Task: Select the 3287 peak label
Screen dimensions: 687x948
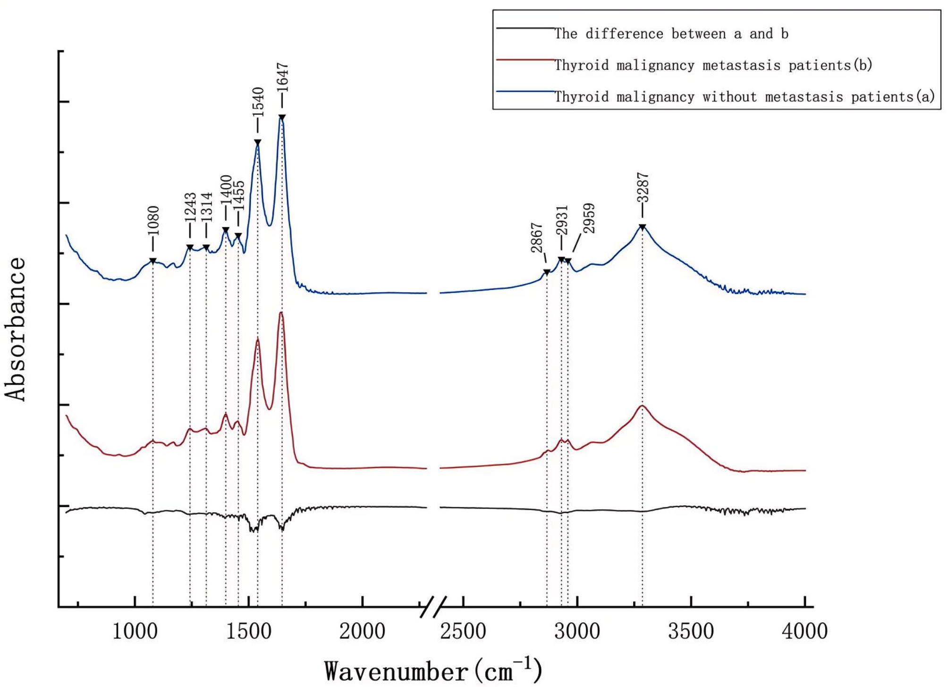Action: click(643, 187)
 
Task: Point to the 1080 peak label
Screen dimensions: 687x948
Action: click(153, 221)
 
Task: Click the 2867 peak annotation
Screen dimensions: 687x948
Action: click(537, 238)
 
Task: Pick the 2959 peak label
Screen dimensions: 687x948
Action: click(589, 219)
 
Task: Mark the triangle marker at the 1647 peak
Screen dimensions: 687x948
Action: click(282, 117)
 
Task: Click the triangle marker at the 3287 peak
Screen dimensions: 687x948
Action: click(642, 228)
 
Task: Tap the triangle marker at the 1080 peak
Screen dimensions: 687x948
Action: click(153, 261)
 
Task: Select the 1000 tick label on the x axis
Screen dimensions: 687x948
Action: click(135, 631)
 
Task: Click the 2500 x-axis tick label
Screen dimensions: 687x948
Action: click(463, 631)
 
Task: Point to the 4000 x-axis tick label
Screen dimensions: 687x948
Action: click(804, 631)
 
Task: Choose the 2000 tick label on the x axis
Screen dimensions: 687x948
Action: click(362, 631)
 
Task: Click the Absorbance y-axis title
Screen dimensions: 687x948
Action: click(16, 329)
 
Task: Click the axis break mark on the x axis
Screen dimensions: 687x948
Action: click(433, 607)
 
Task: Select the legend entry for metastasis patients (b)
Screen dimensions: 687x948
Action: click(712, 65)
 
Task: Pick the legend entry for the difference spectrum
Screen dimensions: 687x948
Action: click(671, 34)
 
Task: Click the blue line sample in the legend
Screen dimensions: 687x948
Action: click(525, 91)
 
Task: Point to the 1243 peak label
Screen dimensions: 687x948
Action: click(190, 207)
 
